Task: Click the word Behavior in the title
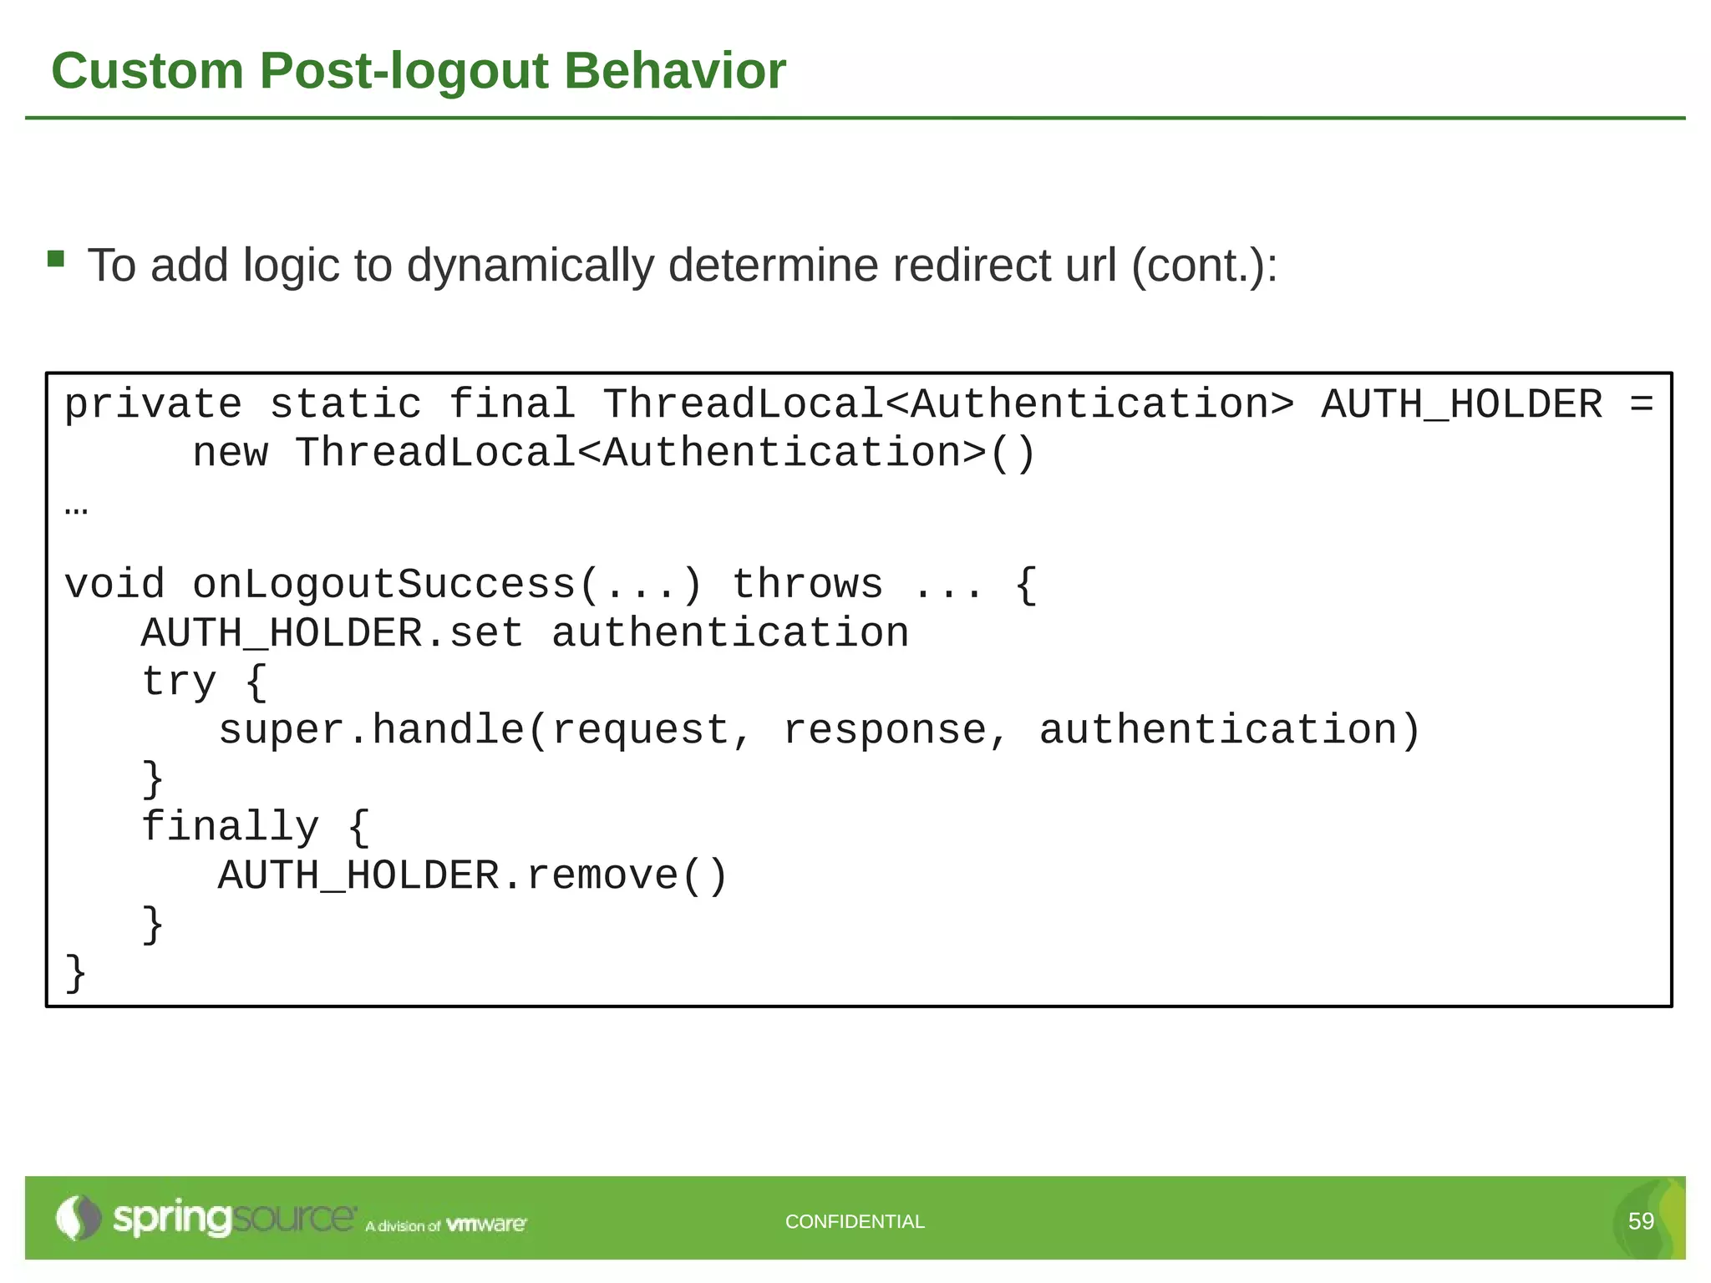click(674, 70)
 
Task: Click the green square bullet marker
click(56, 259)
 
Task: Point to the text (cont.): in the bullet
click(1204, 266)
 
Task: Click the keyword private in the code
click(153, 405)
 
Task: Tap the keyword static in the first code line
click(345, 405)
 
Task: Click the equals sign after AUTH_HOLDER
click(1641, 405)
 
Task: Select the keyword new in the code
click(230, 454)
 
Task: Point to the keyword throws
click(807, 585)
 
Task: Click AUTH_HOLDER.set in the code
click(332, 633)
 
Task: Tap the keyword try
click(179, 682)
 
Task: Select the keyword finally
click(230, 827)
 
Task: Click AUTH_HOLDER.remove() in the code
click(473, 876)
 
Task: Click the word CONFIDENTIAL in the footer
click(855, 1222)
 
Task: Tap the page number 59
click(1641, 1221)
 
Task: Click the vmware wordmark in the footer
click(486, 1225)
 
